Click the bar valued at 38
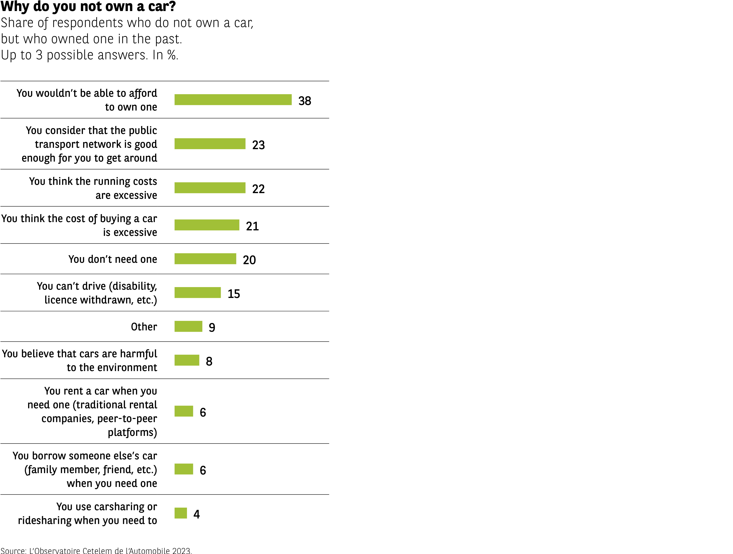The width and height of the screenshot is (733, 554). coord(233,100)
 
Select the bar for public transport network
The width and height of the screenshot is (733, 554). coord(210,144)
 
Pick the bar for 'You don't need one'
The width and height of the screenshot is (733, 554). coord(205,259)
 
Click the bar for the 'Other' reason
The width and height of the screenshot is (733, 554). coord(188,326)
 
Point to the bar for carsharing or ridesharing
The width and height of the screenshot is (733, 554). coord(181,513)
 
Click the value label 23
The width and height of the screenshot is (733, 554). coord(259,145)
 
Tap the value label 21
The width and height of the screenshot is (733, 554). coord(252,226)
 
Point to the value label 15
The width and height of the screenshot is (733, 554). coord(234,294)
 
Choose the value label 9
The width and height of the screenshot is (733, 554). coord(212,327)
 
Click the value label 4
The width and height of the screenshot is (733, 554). coord(196,514)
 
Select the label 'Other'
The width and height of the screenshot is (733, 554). coord(144,327)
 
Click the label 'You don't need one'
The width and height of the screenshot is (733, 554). coord(113,259)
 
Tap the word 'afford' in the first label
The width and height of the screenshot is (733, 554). coord(143,93)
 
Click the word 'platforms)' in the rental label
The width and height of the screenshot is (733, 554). coord(132,432)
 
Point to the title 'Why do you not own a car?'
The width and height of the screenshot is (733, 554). coord(88,7)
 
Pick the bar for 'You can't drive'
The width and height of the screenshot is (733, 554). coord(197,293)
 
